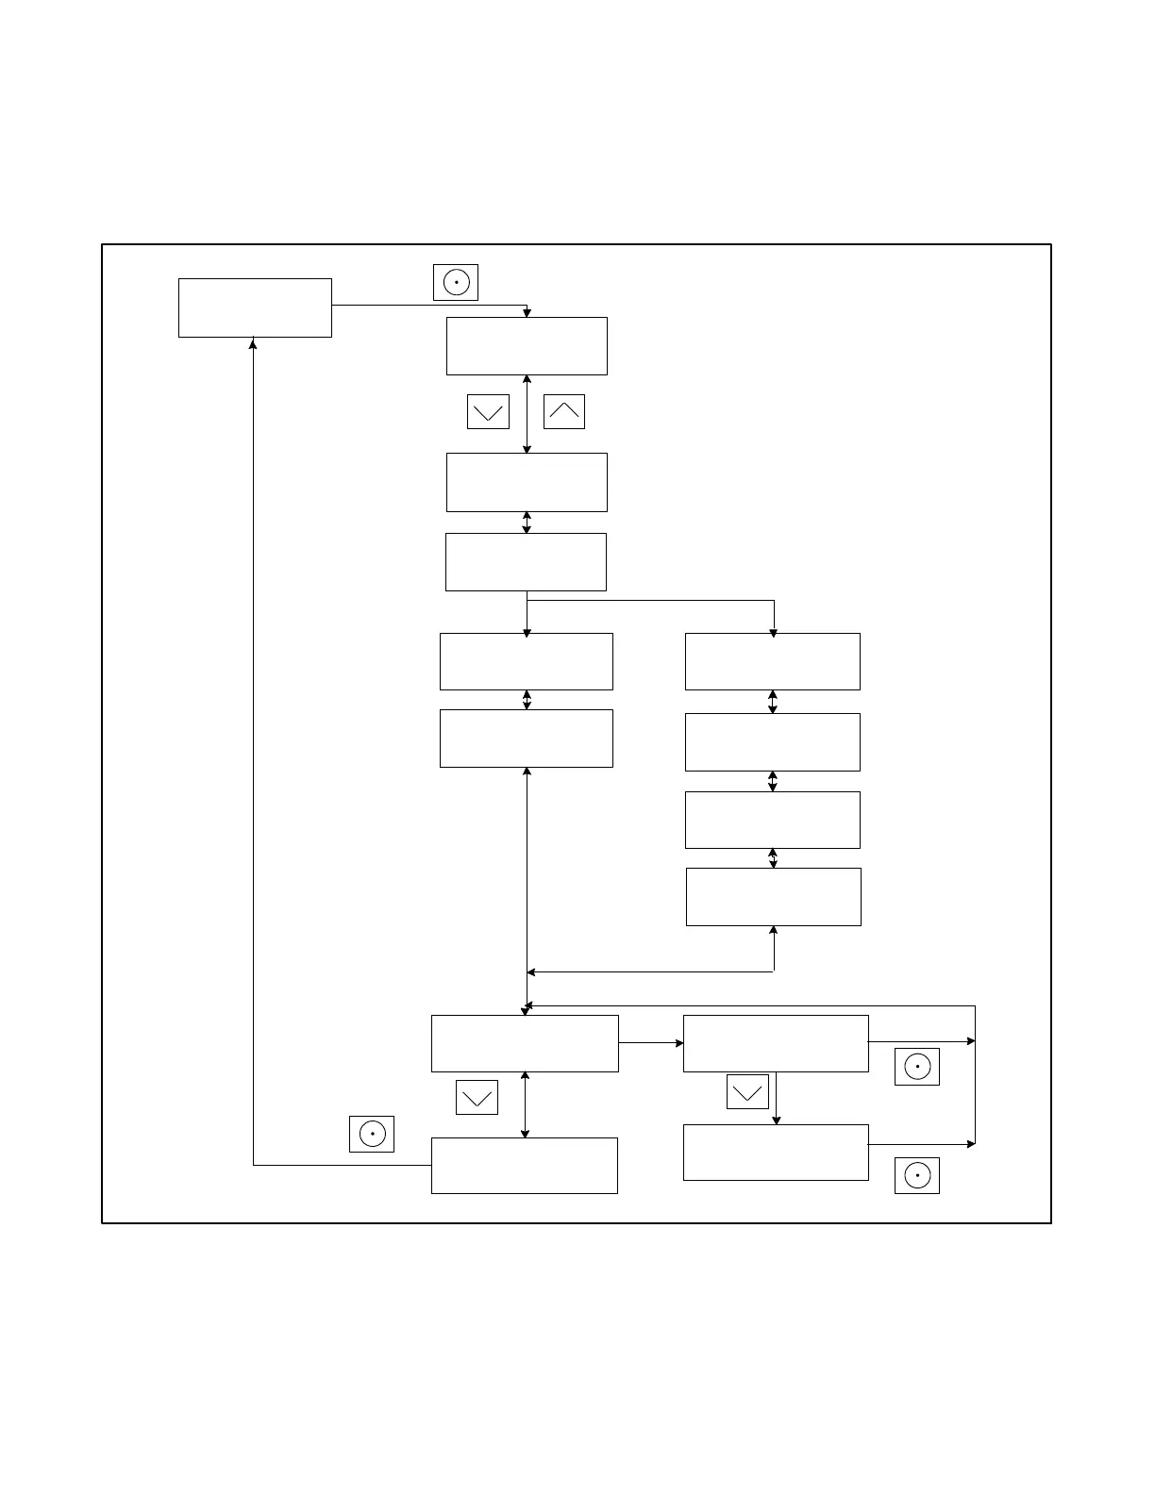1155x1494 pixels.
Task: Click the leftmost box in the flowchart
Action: (255, 307)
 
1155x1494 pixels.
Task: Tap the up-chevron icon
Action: (564, 411)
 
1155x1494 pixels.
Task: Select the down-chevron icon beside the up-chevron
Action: (488, 411)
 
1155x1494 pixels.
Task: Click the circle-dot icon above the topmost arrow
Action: (456, 282)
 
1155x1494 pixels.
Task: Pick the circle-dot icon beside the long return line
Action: (372, 1134)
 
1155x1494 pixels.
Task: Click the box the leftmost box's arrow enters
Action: (527, 346)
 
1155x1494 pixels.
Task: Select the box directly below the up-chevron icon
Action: (527, 482)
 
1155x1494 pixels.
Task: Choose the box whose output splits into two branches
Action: (526, 562)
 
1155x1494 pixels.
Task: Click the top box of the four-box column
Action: (772, 661)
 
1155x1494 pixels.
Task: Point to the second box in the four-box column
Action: (772, 742)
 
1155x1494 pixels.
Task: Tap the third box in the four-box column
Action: (772, 820)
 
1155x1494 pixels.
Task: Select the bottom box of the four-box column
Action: (773, 897)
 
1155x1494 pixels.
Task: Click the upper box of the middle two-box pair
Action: (527, 661)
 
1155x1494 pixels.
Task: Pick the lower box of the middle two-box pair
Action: (527, 739)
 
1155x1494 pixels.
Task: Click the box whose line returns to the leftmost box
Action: (525, 1166)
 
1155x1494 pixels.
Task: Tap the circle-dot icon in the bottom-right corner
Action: (917, 1175)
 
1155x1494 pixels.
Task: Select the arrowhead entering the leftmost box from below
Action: (253, 342)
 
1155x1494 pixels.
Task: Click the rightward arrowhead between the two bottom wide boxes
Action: (679, 1043)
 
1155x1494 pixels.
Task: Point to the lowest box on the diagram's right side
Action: (776, 1153)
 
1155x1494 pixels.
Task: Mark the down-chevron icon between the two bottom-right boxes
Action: (747, 1091)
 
